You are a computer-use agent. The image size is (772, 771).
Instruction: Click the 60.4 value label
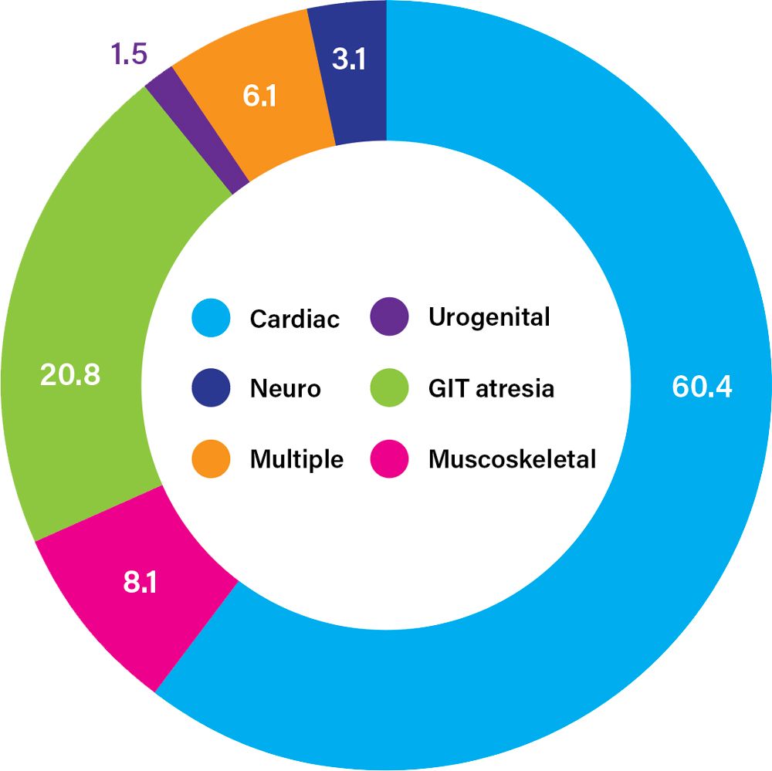tap(701, 386)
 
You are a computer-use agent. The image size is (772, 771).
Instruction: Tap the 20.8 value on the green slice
tap(69, 377)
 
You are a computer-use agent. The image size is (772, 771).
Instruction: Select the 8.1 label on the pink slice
tap(140, 582)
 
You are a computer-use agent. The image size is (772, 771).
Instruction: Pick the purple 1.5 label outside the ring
tap(129, 56)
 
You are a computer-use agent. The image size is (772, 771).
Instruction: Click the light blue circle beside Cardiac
tap(211, 318)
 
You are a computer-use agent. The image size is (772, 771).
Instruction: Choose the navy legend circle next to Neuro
tap(211, 388)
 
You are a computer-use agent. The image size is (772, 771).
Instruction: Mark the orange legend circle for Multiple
tap(211, 459)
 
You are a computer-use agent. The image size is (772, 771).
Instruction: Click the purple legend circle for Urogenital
tap(388, 317)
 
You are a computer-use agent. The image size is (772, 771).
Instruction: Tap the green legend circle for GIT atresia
tap(388, 388)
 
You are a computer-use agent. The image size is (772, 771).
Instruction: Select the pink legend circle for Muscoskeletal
tap(388, 459)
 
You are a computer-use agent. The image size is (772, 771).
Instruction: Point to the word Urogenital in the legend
tap(489, 317)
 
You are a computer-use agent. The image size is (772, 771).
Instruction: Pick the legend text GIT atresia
tap(491, 388)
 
